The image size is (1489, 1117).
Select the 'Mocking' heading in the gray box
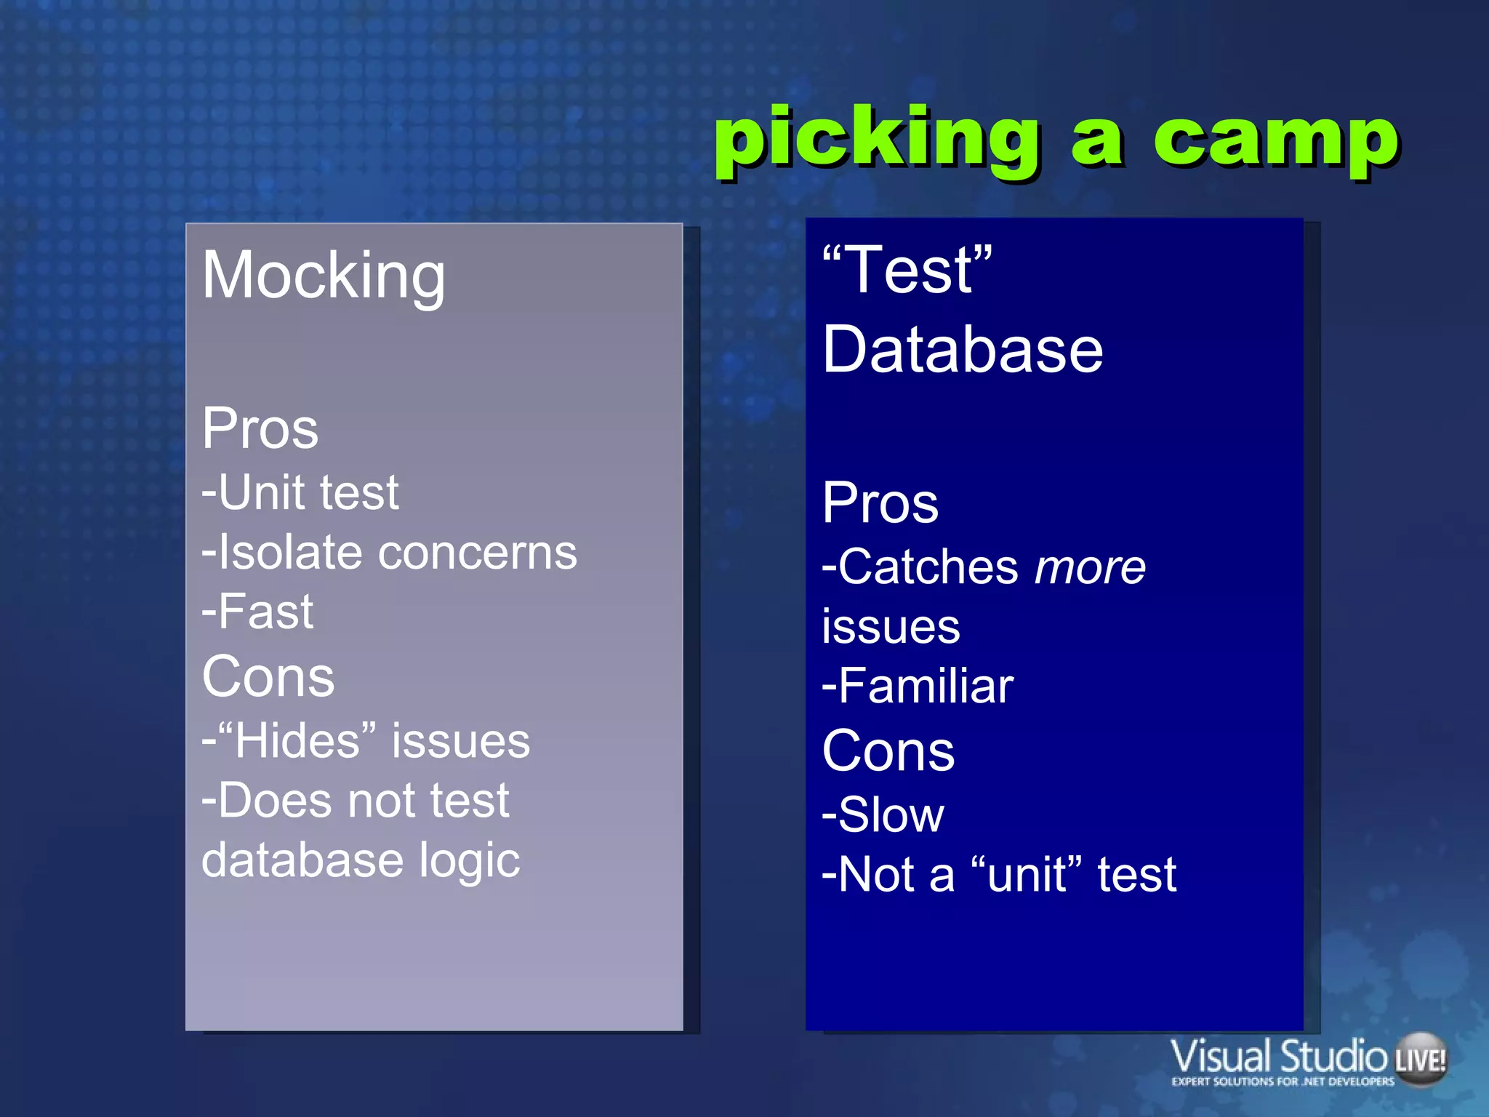pos(324,276)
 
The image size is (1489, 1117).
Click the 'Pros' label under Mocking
pos(260,429)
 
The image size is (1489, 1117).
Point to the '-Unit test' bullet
pos(300,492)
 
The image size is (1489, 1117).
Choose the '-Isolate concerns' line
pos(390,553)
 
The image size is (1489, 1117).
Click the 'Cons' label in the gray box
pos(268,677)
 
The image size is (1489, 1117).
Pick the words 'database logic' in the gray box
pos(361,860)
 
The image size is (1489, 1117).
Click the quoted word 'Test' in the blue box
pos(907,271)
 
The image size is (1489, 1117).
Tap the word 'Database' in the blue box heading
pos(963,351)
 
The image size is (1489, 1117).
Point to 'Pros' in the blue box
pos(880,503)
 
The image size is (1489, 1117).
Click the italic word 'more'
pos(1090,568)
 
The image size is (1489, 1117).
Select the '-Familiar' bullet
pos(918,686)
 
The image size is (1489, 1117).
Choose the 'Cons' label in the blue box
pos(888,752)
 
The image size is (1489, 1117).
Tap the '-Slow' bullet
pos(883,815)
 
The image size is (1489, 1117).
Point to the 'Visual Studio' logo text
pos(1278,1057)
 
